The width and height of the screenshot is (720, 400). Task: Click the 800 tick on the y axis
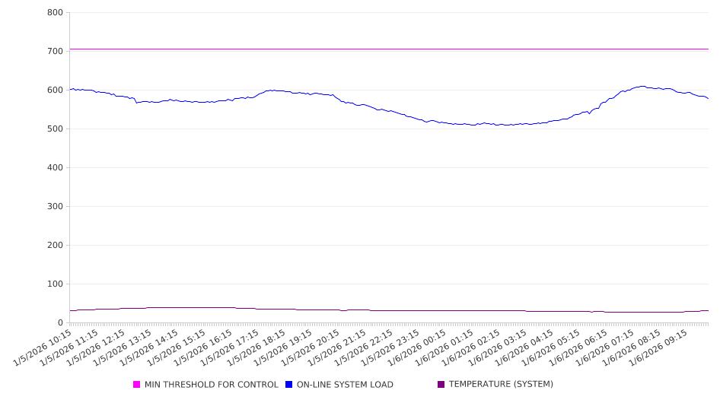pos(54,13)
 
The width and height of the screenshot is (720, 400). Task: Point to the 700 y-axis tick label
pos(54,52)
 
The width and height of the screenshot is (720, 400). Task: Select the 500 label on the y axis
pos(54,129)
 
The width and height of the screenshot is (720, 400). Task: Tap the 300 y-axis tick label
pos(54,207)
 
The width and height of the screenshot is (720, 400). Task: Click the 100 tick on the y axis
pos(54,284)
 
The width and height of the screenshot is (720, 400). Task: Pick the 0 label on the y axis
pos(60,323)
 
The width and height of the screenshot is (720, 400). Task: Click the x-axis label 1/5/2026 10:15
pos(44,347)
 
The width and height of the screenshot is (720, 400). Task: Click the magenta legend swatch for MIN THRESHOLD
pos(137,385)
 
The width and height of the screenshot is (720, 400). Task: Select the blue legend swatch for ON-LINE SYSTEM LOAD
pos(289,385)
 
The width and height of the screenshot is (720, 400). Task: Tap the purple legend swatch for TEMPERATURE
pos(441,385)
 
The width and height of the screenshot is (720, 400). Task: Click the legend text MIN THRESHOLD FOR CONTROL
pos(211,385)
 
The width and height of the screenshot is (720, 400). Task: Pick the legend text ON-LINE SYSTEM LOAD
pos(345,385)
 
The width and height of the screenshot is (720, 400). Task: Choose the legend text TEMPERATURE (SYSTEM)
pos(501,385)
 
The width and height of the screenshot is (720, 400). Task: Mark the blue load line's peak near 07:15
pos(643,86)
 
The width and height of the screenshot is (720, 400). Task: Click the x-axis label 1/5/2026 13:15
pos(124,347)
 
